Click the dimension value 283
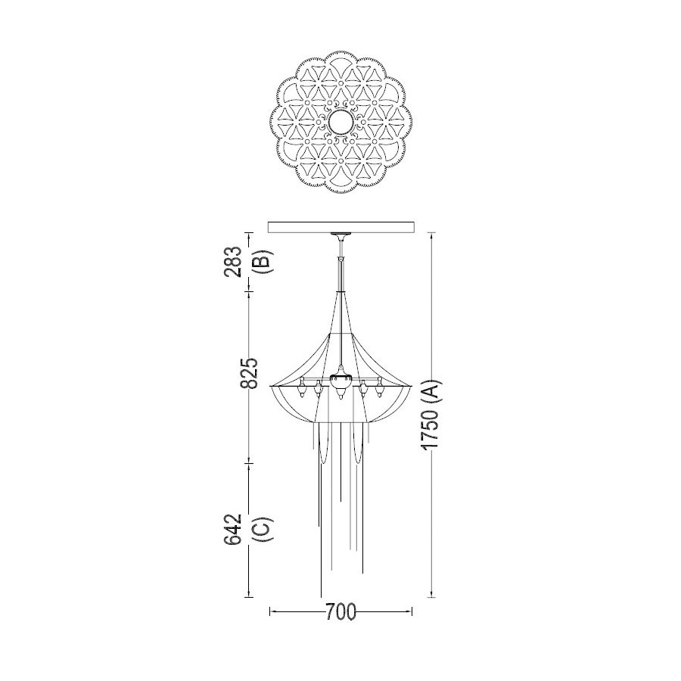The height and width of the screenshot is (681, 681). (x=233, y=262)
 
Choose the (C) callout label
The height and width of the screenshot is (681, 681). (x=265, y=529)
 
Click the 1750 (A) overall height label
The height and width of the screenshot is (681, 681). (x=431, y=415)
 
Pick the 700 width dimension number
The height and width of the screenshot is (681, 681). (x=340, y=612)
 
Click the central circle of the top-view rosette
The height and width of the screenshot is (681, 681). (x=341, y=122)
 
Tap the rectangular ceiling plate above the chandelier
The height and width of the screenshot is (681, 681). (x=341, y=227)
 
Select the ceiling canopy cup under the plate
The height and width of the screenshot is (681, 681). (x=341, y=237)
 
